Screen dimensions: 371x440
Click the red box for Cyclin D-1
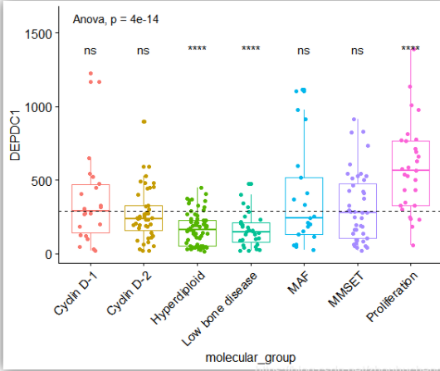click(90, 207)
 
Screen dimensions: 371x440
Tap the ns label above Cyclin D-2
click(144, 51)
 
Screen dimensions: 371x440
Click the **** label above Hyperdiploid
click(197, 50)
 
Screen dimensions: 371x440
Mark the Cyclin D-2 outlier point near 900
click(144, 122)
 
